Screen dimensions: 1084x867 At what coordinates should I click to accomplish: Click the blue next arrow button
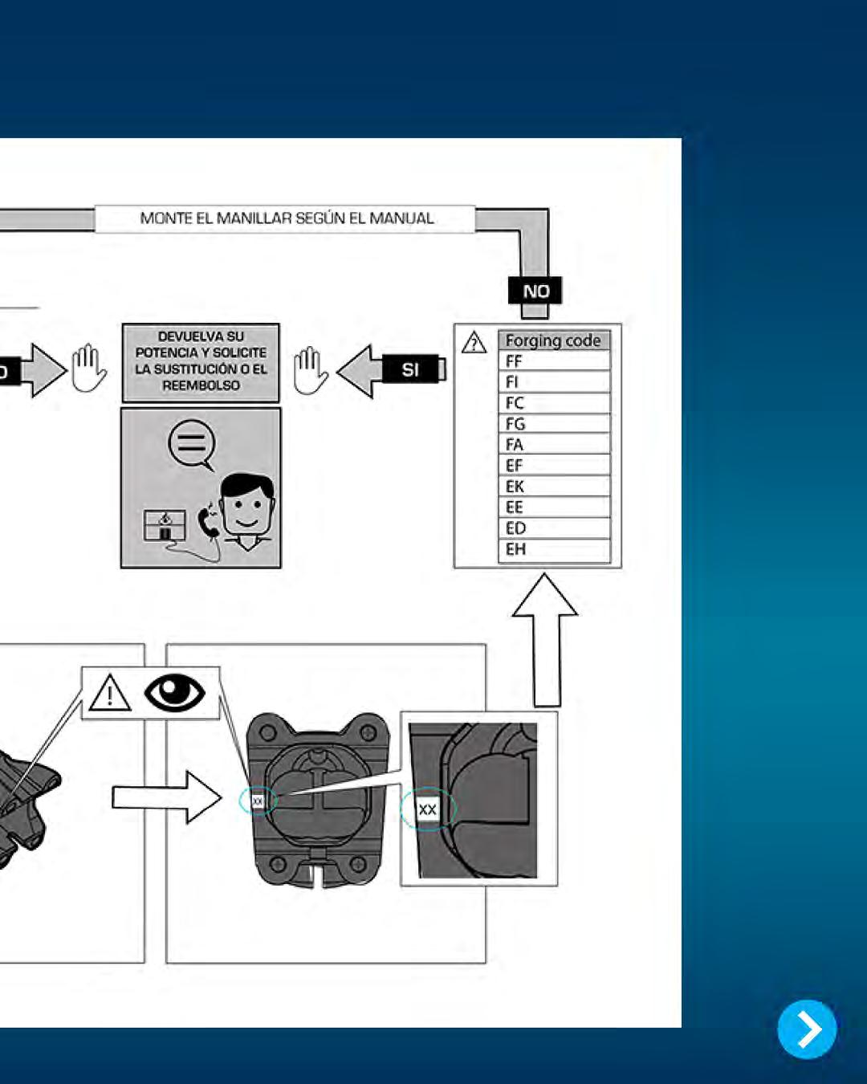click(x=807, y=1029)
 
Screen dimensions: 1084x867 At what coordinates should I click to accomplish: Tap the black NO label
click(x=535, y=291)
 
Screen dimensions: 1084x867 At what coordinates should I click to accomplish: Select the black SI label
click(x=410, y=369)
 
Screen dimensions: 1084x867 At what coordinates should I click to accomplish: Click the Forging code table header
click(x=553, y=340)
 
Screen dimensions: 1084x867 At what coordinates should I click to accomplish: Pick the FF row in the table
click(x=553, y=361)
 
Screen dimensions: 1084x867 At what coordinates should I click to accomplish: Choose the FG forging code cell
click(x=553, y=424)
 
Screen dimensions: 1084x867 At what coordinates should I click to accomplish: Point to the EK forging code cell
click(x=553, y=487)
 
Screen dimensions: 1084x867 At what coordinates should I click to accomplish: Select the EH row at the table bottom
click(x=553, y=549)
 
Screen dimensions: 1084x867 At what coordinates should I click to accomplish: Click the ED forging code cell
click(x=553, y=528)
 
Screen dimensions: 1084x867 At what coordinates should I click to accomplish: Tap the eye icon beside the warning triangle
click(x=174, y=692)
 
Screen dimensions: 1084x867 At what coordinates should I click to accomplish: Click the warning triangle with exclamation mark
click(x=110, y=693)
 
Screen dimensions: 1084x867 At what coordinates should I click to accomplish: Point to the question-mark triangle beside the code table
click(x=474, y=344)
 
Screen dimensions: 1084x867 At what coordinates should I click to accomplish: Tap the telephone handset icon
click(x=208, y=522)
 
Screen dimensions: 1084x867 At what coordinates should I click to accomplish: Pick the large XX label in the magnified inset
click(x=427, y=809)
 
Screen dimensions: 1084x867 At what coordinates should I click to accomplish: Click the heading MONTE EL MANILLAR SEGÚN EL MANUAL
click(x=287, y=218)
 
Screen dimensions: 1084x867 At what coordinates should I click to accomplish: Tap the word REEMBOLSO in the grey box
click(x=201, y=385)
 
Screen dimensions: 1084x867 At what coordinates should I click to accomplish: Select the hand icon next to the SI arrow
click(x=310, y=371)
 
